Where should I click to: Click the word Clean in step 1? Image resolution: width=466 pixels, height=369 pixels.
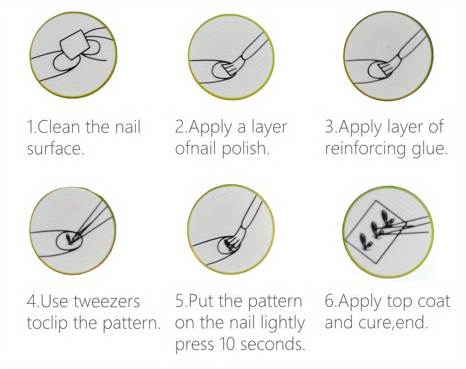pyautogui.click(x=59, y=126)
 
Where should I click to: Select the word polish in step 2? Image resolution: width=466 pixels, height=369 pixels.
pyautogui.click(x=246, y=148)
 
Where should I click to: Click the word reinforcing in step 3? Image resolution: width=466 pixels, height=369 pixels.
pyautogui.click(x=366, y=149)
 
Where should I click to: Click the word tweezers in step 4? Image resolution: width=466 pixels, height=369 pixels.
pyautogui.click(x=107, y=301)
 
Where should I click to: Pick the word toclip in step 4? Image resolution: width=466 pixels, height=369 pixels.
pyautogui.click(x=47, y=323)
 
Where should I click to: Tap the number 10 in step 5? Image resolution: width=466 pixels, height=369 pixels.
pyautogui.click(x=227, y=344)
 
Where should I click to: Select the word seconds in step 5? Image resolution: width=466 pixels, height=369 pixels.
pyautogui.click(x=273, y=344)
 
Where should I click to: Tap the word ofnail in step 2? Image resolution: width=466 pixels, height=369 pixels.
pyautogui.click(x=195, y=148)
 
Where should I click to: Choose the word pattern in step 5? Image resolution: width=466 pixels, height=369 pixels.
pyautogui.click(x=274, y=302)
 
